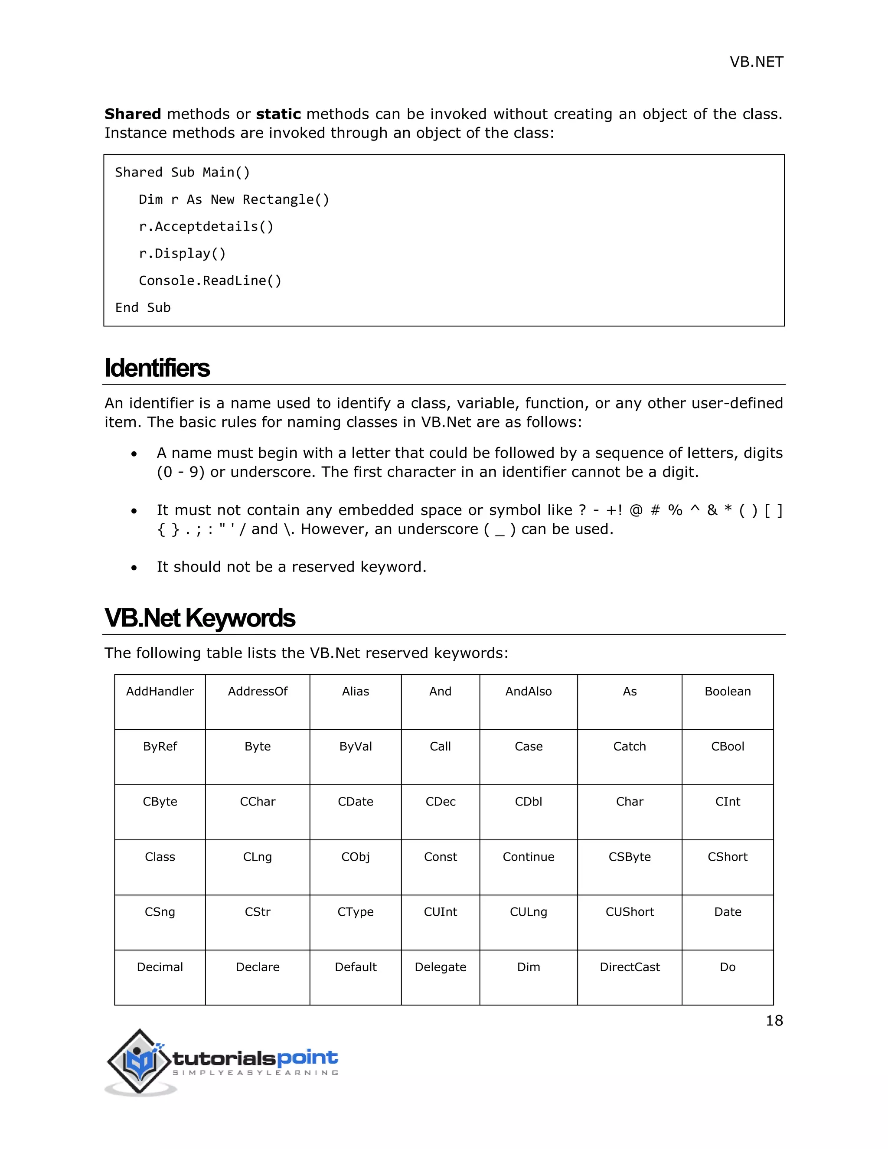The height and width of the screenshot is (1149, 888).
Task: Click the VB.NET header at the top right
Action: coord(756,62)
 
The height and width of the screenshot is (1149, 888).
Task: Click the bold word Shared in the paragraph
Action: coord(133,114)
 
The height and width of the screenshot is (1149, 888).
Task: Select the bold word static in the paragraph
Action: coord(278,114)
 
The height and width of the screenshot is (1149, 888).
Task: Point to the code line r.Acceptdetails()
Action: coord(206,227)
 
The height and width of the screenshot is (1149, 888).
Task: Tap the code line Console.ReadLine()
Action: coord(210,281)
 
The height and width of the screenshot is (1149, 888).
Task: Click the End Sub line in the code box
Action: coord(143,308)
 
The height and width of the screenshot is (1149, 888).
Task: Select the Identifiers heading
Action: coord(157,368)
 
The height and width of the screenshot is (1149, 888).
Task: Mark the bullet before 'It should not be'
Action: coord(134,568)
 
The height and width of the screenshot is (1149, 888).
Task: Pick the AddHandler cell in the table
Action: coord(160,692)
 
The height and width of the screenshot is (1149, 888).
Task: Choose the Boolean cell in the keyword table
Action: coord(728,692)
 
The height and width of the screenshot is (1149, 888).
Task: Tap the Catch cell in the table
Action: coord(629,747)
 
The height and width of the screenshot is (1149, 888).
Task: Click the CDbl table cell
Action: coord(528,802)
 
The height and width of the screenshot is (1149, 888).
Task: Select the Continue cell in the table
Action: coord(528,857)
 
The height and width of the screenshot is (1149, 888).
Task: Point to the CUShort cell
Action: coord(629,912)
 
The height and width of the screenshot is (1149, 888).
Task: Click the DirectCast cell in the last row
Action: coord(629,967)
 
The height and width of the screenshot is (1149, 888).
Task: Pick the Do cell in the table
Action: coord(728,967)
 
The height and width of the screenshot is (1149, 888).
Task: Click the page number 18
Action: coord(774,1021)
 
